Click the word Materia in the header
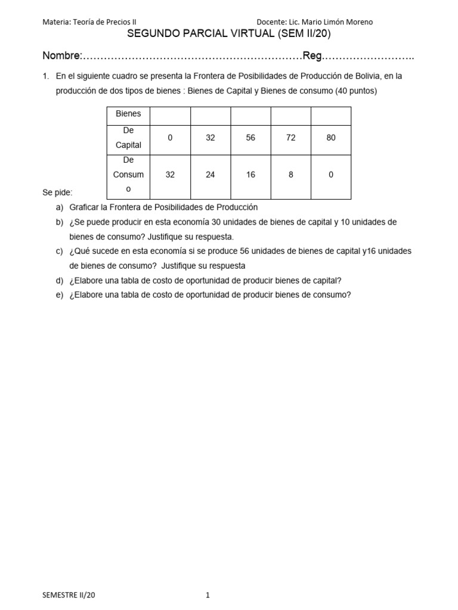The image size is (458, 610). (55, 22)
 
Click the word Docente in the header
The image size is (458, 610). (272, 22)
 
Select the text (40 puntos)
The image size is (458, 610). (355, 91)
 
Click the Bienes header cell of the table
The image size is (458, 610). (128, 114)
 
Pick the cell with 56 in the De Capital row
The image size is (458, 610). (250, 138)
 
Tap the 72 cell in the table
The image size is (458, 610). (291, 138)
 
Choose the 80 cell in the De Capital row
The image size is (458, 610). (331, 138)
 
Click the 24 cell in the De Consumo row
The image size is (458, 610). (210, 175)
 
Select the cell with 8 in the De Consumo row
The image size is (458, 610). (291, 175)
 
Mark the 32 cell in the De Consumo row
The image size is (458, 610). (170, 175)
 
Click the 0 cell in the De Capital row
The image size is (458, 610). (170, 138)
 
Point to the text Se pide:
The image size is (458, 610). (57, 193)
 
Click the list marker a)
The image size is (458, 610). (59, 207)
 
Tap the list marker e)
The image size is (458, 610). (59, 294)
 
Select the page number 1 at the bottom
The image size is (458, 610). (208, 595)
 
